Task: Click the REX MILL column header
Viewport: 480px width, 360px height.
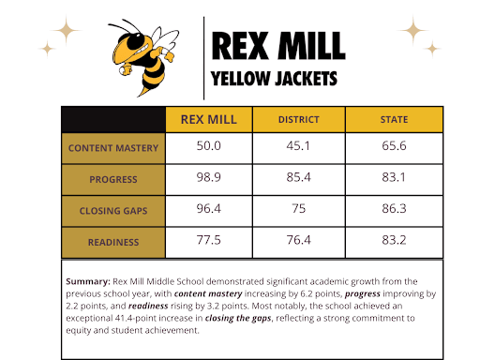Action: coord(209,120)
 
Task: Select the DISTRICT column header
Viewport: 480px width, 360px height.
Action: coord(298,120)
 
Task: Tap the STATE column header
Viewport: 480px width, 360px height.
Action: coord(394,120)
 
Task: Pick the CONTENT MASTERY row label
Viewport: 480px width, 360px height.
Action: coord(113,147)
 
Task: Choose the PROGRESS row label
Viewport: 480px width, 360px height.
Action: coord(113,178)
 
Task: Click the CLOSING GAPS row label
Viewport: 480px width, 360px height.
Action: coord(113,210)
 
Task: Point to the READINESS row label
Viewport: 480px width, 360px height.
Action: coord(113,241)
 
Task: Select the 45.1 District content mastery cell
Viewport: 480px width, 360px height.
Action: coord(298,147)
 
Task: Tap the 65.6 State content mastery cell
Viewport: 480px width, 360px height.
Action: coord(394,147)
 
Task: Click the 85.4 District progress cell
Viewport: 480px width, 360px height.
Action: coord(298,178)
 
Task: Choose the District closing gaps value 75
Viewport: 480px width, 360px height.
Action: coord(298,210)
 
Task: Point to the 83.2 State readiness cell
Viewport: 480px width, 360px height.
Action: coord(394,241)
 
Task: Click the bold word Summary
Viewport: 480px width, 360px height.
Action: coord(88,281)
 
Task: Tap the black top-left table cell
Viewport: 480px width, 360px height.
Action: coord(113,120)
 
